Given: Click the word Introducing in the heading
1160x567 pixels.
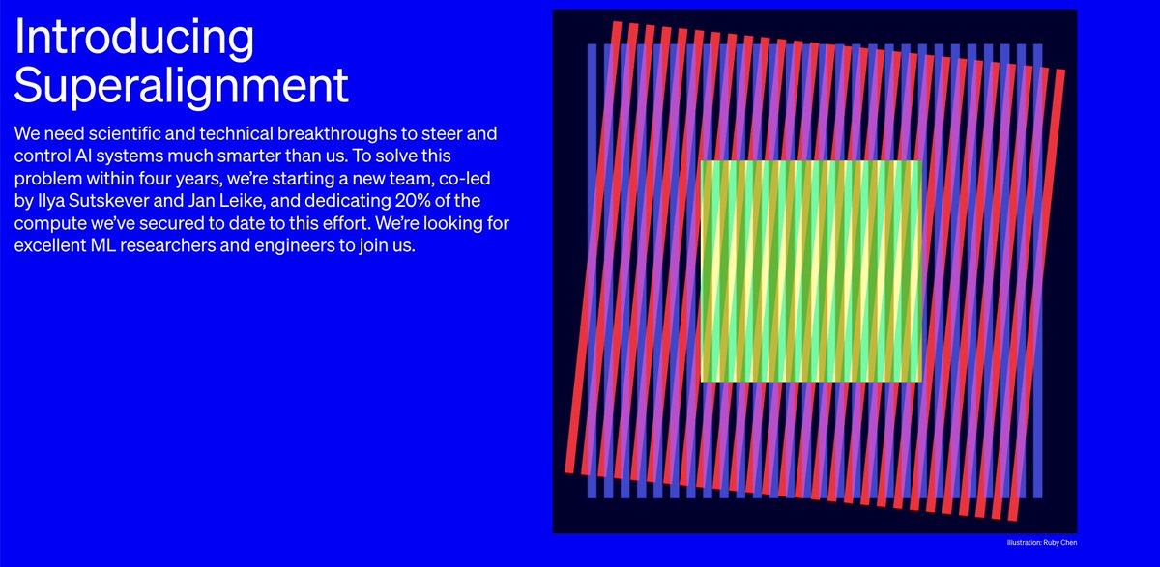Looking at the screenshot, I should coord(134,39).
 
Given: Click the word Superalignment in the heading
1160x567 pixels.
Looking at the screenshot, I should coord(182,86).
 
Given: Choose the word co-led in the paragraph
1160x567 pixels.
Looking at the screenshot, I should coord(474,178).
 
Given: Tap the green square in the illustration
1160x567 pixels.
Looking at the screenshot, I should coord(810,270).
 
